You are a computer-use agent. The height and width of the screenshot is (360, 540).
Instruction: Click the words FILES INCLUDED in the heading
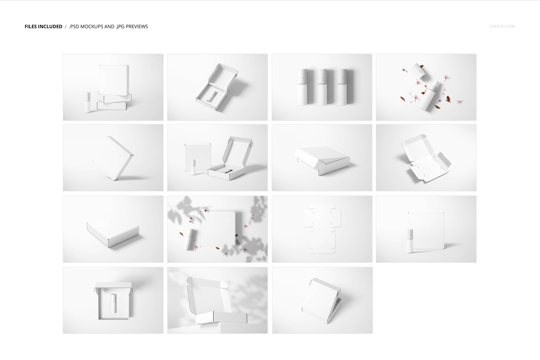tap(43, 26)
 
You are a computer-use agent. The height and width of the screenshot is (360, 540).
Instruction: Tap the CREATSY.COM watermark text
tap(502, 26)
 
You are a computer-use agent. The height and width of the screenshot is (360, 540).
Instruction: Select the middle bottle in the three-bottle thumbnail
tap(322, 87)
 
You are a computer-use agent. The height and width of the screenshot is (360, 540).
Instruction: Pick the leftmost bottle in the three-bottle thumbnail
tap(302, 87)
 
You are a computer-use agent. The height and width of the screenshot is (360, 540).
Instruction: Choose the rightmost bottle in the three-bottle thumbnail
tap(341, 87)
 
